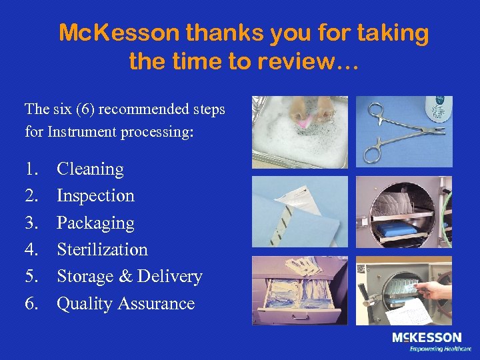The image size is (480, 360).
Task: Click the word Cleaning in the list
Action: [90, 169]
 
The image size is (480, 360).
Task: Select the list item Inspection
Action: [95, 196]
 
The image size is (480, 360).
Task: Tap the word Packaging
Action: [95, 223]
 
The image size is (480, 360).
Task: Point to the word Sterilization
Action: [102, 250]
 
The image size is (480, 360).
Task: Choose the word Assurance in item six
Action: [156, 304]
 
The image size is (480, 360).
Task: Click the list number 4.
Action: [31, 250]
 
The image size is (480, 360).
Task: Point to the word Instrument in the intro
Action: [82, 132]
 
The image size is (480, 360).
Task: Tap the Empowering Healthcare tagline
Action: [440, 349]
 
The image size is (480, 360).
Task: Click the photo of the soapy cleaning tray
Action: [299, 131]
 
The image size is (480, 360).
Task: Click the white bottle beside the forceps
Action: [439, 109]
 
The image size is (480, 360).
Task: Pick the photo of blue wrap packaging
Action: [299, 211]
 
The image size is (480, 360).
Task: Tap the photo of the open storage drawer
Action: [299, 291]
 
